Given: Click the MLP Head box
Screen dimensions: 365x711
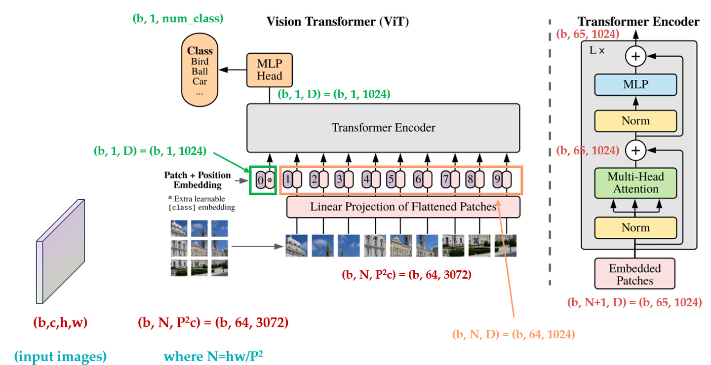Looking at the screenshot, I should [x=269, y=70].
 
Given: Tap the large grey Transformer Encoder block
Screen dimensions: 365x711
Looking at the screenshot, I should [x=383, y=128].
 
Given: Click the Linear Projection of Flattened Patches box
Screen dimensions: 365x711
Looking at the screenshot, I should [x=403, y=207].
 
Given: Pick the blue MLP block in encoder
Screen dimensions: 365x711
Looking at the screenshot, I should [x=635, y=85].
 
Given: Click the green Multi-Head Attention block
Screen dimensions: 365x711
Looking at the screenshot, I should [x=635, y=182].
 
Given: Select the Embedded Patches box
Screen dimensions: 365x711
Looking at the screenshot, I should [x=635, y=274].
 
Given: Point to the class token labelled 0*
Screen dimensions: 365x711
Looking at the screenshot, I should [x=264, y=180].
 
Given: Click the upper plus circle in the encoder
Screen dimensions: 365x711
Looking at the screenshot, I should [x=635, y=57].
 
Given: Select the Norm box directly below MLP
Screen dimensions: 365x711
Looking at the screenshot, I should [x=635, y=121].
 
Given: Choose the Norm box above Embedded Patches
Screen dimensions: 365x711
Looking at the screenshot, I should [x=635, y=227].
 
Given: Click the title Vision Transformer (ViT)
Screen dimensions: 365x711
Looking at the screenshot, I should [x=338, y=21].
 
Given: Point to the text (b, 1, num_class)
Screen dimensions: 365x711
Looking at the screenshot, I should [x=178, y=19].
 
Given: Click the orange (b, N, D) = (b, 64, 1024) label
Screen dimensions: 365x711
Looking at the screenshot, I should [x=513, y=334].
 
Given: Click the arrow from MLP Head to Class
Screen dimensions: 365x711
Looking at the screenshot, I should [x=234, y=70].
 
